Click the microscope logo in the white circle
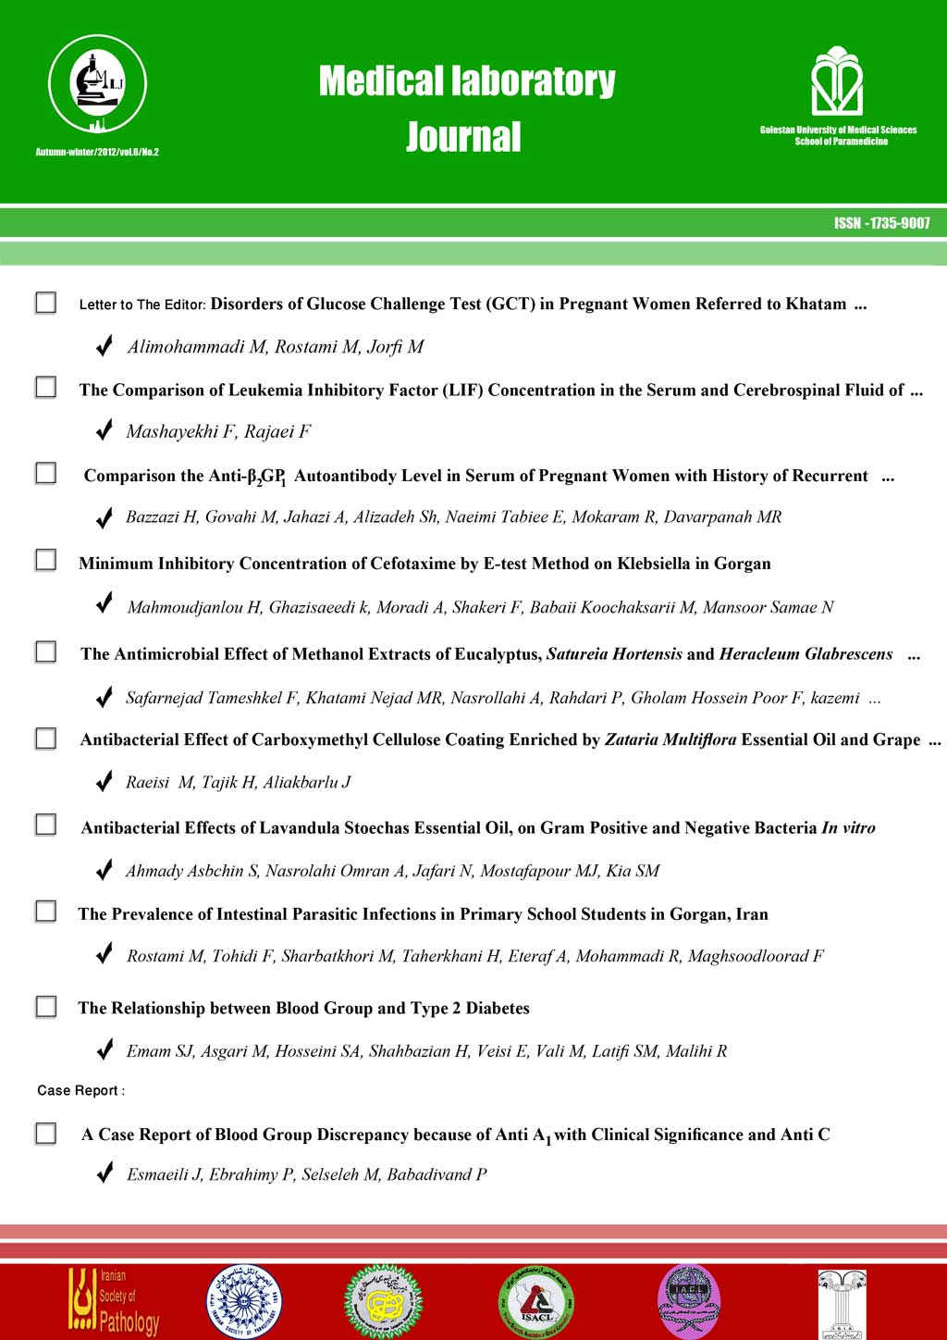click(97, 85)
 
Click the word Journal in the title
click(463, 137)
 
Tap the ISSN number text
click(881, 223)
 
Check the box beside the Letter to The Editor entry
click(45, 303)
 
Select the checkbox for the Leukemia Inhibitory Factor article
click(45, 387)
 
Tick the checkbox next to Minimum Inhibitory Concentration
click(45, 560)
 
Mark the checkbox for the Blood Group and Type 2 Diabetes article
click(45, 1006)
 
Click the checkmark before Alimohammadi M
click(105, 346)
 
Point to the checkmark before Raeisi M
click(105, 782)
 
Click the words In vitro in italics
click(848, 827)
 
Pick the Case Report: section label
click(80, 1090)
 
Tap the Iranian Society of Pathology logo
click(114, 1300)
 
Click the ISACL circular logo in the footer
click(536, 1303)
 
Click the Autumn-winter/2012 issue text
click(97, 152)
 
